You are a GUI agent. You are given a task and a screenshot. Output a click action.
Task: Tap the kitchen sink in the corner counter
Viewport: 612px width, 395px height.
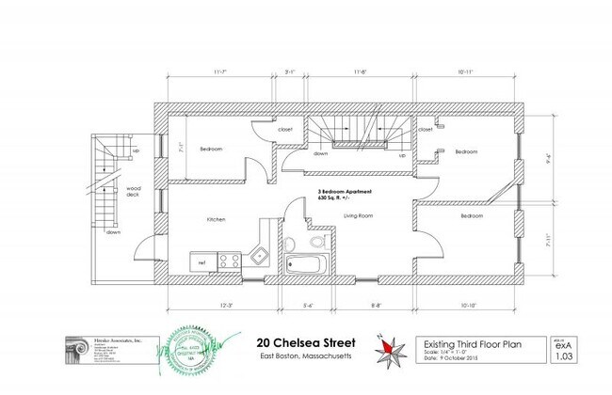pos(260,255)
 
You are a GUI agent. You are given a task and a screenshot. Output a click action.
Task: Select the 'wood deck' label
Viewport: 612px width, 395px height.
pos(134,191)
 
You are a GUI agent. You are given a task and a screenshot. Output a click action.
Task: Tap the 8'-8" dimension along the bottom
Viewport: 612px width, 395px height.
pos(377,306)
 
